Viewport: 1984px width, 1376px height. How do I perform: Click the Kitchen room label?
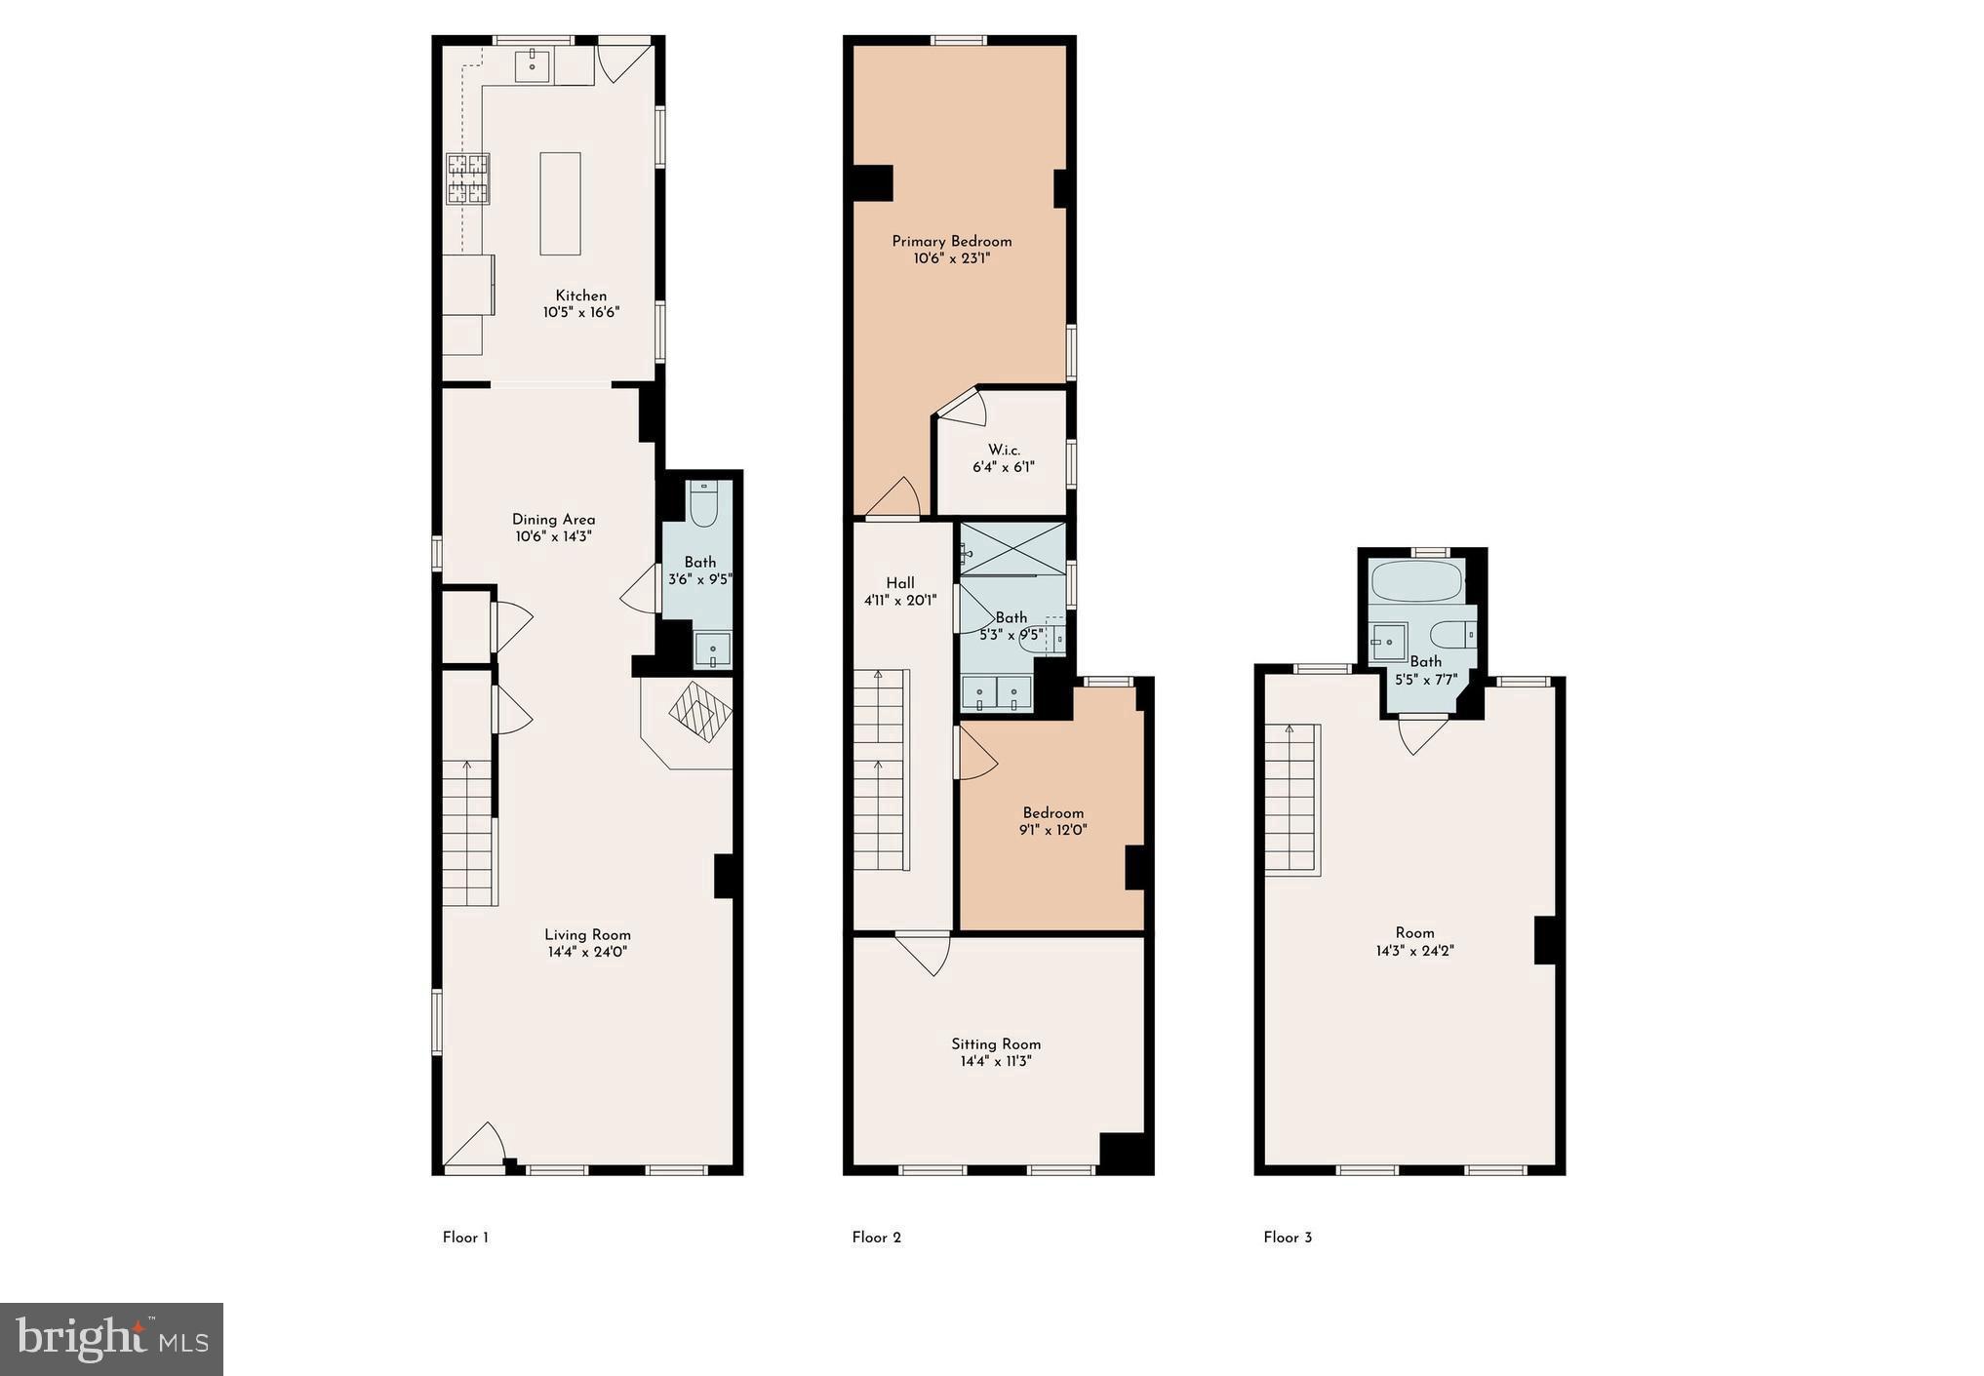[x=580, y=295]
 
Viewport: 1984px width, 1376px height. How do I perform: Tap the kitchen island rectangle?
[x=560, y=204]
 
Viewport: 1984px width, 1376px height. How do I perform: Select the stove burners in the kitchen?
[x=467, y=179]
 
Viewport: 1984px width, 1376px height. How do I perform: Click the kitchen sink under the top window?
[x=534, y=65]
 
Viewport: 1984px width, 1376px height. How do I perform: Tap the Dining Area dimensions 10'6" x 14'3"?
[x=553, y=536]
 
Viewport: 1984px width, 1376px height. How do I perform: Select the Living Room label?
[x=587, y=934]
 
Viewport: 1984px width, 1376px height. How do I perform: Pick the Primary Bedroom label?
[x=951, y=241]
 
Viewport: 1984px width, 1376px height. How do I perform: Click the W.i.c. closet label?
[x=1003, y=450]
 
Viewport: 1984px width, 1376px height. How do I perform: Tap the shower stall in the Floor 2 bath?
[x=1012, y=549]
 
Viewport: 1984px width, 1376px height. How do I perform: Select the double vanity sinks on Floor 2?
[x=997, y=692]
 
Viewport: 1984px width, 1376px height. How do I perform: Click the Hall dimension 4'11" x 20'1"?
[x=899, y=601]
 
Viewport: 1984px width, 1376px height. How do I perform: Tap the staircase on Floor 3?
[x=1292, y=800]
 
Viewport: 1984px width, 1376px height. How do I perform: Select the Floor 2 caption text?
[x=876, y=1238]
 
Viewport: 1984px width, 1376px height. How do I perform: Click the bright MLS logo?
[x=111, y=1339]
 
